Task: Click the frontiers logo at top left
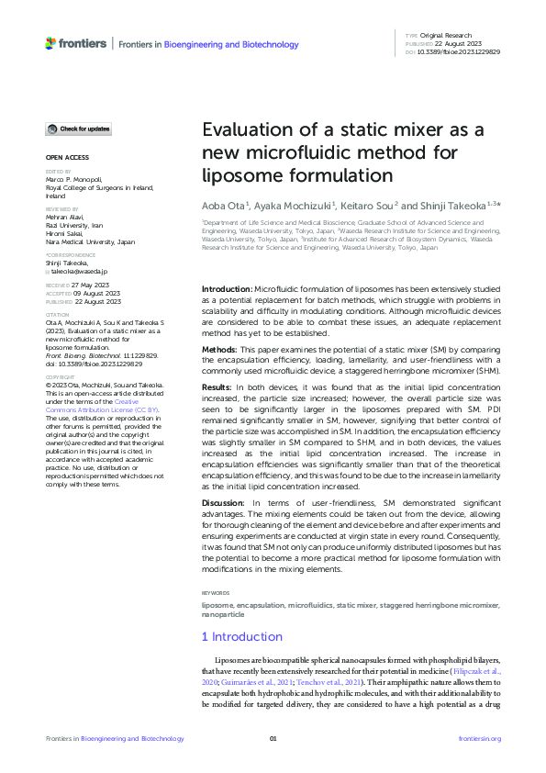pos(75,43)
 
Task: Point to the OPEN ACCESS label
pos(67,157)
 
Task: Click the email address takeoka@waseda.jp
pos(81,272)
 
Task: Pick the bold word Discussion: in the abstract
pos(227,503)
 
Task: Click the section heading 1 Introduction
pos(242,636)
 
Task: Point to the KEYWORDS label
pos(217,594)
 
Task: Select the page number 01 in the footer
pos(273,739)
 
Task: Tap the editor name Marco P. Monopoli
pos(80,179)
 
